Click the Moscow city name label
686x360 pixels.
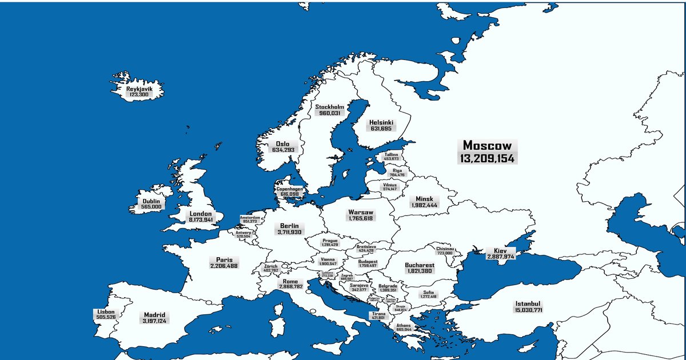[487, 145]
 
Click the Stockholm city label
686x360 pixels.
[329, 107]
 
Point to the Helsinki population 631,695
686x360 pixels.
[381, 129]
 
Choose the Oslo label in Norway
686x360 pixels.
[282, 145]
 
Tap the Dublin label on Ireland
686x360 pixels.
[151, 202]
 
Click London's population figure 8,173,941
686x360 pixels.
[201, 220]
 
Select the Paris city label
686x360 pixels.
[224, 259]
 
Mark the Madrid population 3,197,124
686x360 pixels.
[154, 321]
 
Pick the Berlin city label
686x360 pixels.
[289, 226]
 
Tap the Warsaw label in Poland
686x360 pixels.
[360, 213]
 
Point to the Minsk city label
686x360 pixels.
[424, 199]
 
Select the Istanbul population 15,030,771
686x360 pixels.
[528, 310]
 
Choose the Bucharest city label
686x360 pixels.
[419, 265]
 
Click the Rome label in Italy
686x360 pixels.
[290, 281]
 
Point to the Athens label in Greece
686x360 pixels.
[404, 326]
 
